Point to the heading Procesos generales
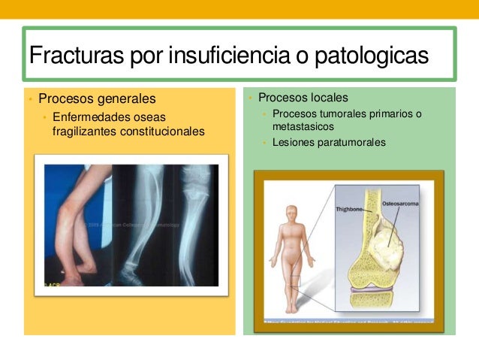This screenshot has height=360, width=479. pos(97,98)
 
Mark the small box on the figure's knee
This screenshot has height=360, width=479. pos(301,284)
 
